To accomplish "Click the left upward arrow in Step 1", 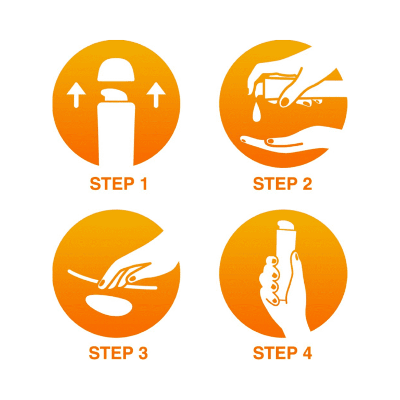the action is [x=76, y=95].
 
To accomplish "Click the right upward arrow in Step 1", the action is [x=156, y=95].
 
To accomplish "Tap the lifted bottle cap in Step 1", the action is [x=116, y=70].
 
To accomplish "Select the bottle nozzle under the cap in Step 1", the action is [x=115, y=95].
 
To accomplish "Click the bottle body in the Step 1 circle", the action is [x=116, y=134].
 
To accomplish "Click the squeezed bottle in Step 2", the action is [x=277, y=88].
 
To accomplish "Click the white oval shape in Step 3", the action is [x=109, y=305].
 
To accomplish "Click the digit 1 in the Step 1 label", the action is [x=144, y=184].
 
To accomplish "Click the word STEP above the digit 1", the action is [x=112, y=184].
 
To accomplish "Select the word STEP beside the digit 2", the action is [x=275, y=184].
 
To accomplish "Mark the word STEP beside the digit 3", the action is [x=111, y=353].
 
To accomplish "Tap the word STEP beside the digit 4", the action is [x=275, y=353].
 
